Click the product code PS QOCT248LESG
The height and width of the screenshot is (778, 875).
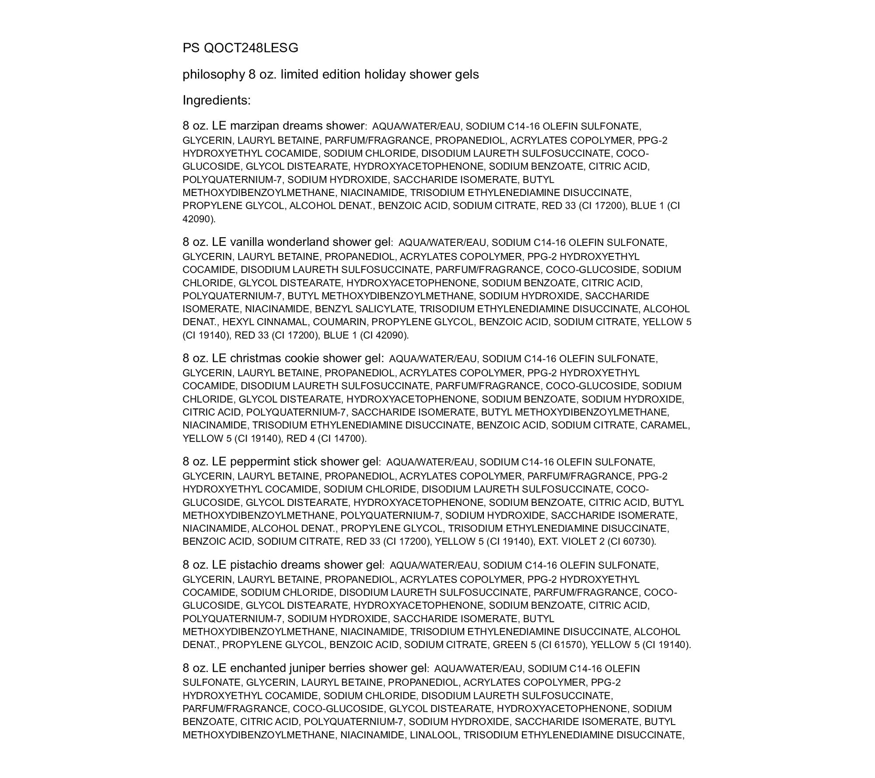click(x=240, y=48)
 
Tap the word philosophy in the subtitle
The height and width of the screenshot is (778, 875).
click(x=213, y=75)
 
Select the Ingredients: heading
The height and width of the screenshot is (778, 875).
click(x=217, y=101)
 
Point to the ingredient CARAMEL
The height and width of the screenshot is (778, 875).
click(x=665, y=425)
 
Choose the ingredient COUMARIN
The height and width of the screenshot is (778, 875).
click(x=339, y=322)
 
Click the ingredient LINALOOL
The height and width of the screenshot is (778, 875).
click(x=434, y=735)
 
